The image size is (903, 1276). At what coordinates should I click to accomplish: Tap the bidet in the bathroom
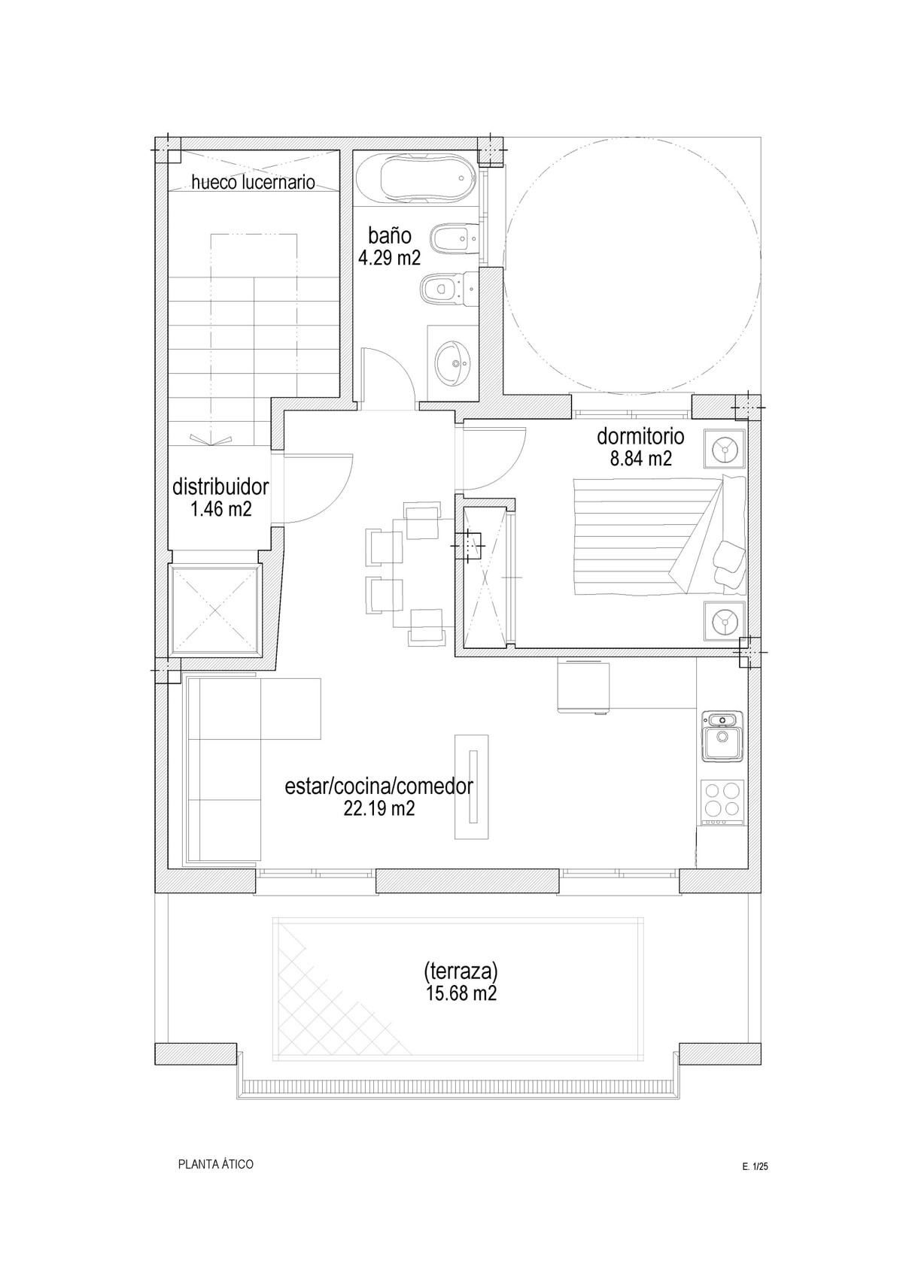[450, 239]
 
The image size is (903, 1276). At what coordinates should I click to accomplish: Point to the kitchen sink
[723, 736]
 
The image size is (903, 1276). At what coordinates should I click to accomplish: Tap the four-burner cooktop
[723, 802]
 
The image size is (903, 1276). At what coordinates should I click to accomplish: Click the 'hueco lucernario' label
[253, 182]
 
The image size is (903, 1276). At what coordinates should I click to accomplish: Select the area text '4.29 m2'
[389, 258]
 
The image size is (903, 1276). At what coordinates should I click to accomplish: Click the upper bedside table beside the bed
[725, 449]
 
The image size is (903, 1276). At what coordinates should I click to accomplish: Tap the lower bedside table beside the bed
[725, 620]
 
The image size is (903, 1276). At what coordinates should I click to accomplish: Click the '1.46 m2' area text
[221, 509]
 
